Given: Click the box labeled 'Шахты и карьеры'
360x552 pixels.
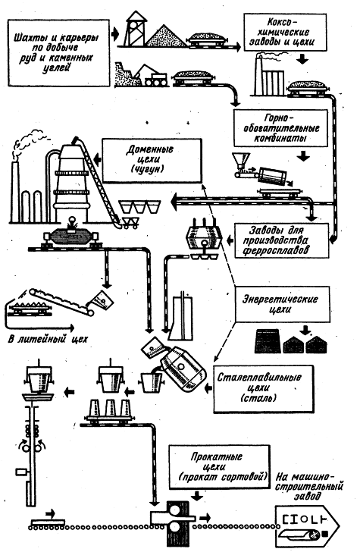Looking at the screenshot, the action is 58,53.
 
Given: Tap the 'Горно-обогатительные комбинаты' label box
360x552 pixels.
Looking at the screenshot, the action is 281,128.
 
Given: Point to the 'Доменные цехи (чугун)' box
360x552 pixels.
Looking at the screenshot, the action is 152,160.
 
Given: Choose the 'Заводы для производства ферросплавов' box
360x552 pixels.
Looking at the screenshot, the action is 281,240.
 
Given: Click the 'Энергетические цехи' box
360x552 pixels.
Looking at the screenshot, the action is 283,304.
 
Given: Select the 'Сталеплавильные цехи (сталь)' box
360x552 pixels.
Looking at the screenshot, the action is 263,388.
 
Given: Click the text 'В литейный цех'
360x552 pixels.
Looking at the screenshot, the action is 48,340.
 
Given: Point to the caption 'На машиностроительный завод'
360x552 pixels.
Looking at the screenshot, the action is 309,487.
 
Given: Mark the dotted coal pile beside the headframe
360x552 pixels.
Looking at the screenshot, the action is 166,36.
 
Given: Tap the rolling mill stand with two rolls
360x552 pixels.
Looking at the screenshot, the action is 174,517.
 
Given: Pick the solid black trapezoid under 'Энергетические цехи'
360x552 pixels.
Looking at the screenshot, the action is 267,340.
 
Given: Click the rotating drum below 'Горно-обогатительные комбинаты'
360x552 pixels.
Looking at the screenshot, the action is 271,175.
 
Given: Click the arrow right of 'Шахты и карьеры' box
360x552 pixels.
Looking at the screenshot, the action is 115,35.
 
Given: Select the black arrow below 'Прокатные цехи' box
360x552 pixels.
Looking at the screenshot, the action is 196,496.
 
